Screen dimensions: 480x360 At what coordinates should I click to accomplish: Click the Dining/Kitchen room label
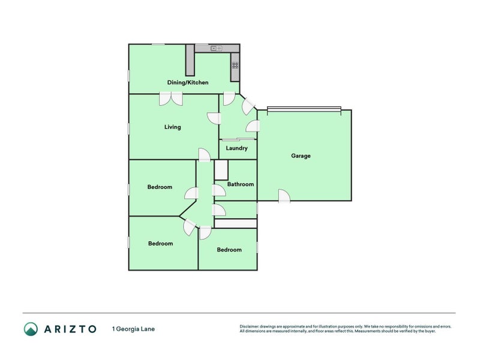click(x=188, y=82)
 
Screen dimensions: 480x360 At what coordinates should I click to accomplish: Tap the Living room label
click(x=173, y=127)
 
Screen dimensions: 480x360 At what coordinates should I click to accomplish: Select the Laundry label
click(x=236, y=148)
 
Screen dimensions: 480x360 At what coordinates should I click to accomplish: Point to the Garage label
click(x=301, y=156)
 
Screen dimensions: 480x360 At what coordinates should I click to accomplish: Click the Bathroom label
click(x=241, y=184)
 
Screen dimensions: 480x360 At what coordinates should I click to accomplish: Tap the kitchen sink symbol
click(x=216, y=49)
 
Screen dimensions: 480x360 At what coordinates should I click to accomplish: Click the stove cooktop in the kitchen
click(x=235, y=65)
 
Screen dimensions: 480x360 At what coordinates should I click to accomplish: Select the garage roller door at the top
click(x=304, y=109)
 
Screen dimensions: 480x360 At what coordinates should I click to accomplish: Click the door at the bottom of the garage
click(x=284, y=196)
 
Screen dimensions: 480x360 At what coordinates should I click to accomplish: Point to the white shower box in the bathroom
click(x=221, y=170)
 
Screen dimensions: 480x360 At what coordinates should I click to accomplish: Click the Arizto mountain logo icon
click(x=31, y=329)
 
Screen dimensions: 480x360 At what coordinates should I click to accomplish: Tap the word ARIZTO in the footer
click(x=70, y=329)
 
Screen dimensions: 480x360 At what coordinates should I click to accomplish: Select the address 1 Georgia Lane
click(x=133, y=329)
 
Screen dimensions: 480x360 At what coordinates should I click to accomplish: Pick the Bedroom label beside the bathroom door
click(x=160, y=187)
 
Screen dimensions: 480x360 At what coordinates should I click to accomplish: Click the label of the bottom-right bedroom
click(x=229, y=250)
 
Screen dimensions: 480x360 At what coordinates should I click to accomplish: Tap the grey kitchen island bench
click(x=190, y=60)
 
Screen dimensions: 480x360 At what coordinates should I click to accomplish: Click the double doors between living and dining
click(x=171, y=98)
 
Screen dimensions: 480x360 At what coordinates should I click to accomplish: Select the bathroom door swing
click(x=219, y=190)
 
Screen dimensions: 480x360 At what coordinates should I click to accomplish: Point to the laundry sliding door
click(x=238, y=140)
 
